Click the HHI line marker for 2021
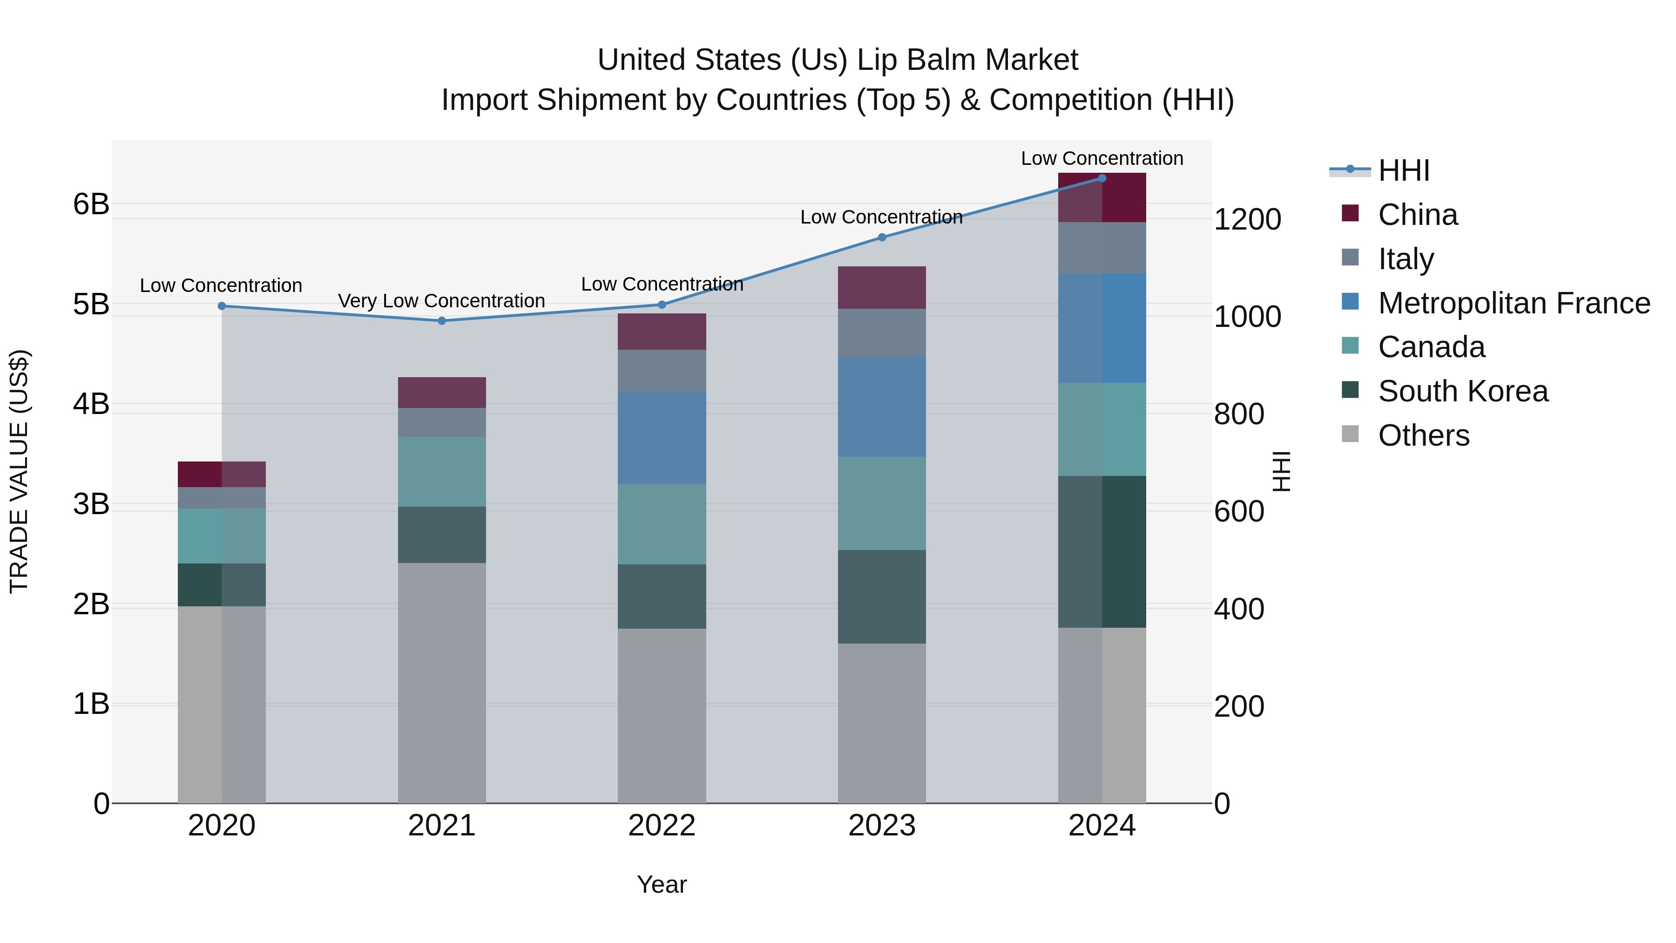click(x=442, y=321)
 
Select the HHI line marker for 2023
click(x=882, y=237)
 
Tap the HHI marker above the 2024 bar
click(x=1102, y=178)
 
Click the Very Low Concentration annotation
click(x=441, y=301)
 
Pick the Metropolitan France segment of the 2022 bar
click(x=662, y=438)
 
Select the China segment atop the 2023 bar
click(x=882, y=288)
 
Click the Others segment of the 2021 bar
click(x=442, y=683)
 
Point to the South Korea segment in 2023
click(x=882, y=597)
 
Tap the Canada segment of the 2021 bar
click(x=442, y=472)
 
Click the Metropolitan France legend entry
click(x=1514, y=303)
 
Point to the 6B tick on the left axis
click(x=91, y=204)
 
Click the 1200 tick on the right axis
click(x=1247, y=219)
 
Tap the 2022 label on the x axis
click(x=662, y=826)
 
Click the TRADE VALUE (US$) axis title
click(x=20, y=471)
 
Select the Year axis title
click(x=662, y=884)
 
